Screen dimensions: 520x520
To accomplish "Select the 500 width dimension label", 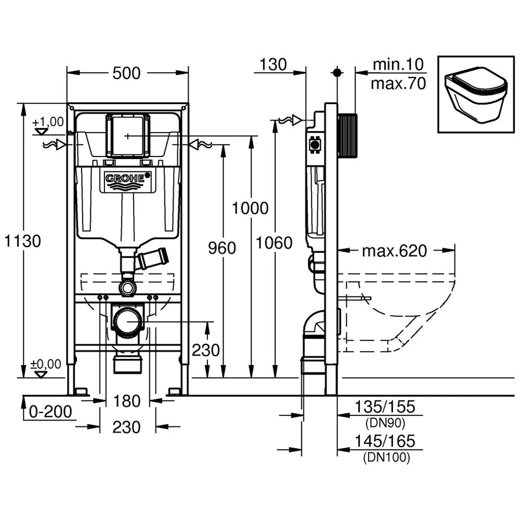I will pos(127,73).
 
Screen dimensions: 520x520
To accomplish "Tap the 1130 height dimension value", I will pos(22,241).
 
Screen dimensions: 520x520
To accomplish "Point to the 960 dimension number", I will pos(222,248).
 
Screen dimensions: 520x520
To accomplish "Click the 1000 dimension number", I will pos(250,208).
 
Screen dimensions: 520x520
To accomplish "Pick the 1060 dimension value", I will pos(275,242).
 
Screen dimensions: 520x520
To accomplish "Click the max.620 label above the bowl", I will pos(394,251).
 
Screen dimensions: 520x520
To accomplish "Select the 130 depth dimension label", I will pos(273,64).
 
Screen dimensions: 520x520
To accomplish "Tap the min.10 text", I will pos(398,65).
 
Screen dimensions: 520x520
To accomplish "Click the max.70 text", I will pos(398,83).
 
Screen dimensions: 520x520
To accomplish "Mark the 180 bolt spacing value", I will pos(127,401).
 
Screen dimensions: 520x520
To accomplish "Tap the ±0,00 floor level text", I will pos(46,363).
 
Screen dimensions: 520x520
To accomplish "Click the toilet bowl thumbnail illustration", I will pos(475,95).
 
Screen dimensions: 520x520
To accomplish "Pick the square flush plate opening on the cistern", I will pos(128,136).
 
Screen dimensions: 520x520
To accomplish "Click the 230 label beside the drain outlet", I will pos(206,350).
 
